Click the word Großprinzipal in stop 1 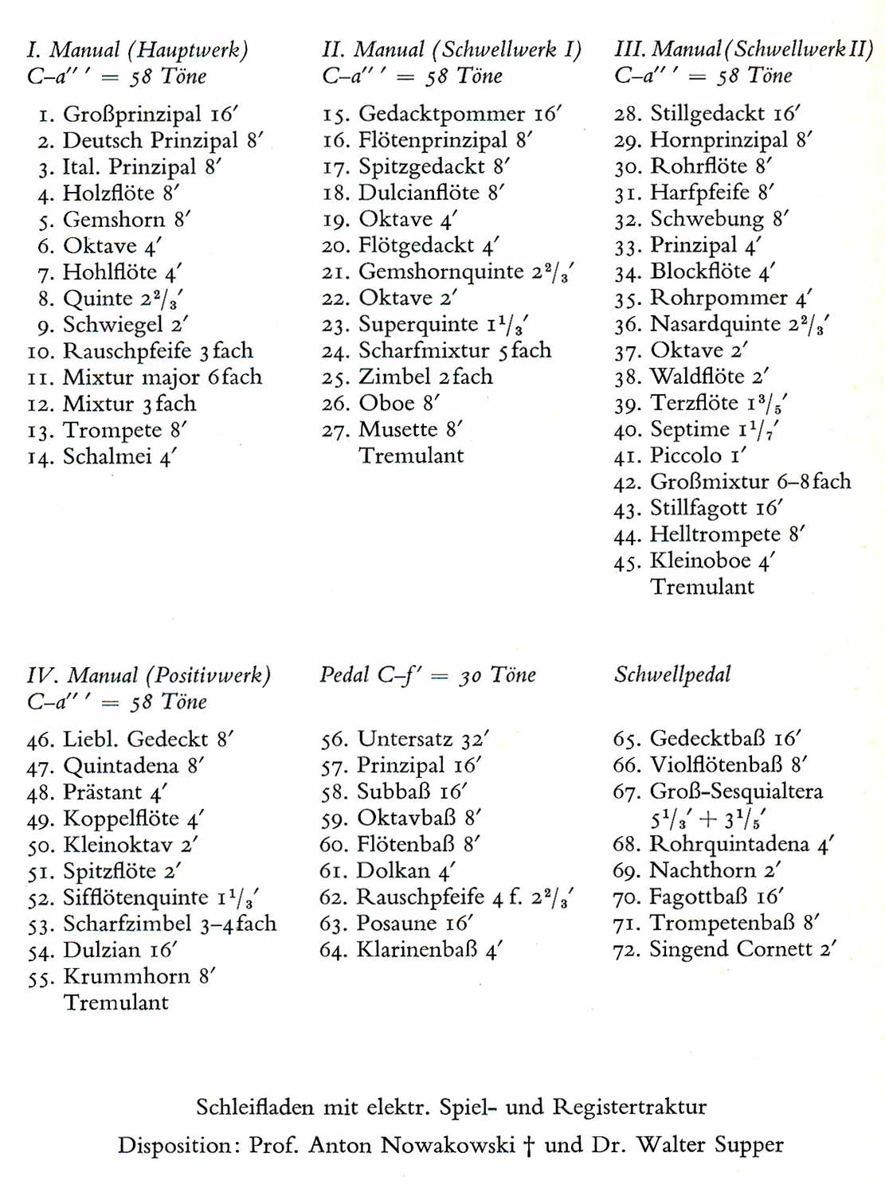point(132,115)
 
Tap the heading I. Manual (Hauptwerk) point(137,50)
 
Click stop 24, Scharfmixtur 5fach point(437,350)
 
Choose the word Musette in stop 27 point(398,430)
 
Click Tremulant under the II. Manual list point(411,456)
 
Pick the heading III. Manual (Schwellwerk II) point(743,49)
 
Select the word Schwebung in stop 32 point(707,219)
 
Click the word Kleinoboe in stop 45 point(701,561)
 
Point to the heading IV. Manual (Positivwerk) point(149,676)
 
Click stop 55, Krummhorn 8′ point(122,976)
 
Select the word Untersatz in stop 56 point(405,739)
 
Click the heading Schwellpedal point(672,675)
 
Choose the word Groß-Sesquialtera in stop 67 point(736,791)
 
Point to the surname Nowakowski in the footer point(447,1145)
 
